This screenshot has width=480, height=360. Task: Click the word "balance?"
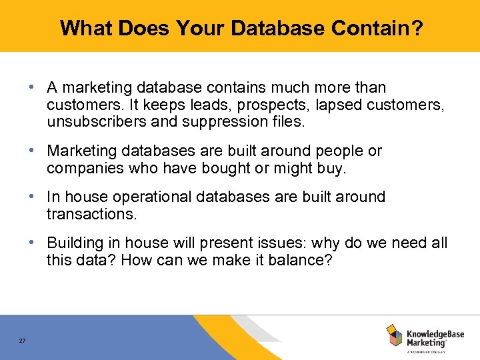click(299, 261)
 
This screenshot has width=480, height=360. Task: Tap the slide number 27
click(23, 341)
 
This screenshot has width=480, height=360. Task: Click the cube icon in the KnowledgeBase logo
click(395, 335)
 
